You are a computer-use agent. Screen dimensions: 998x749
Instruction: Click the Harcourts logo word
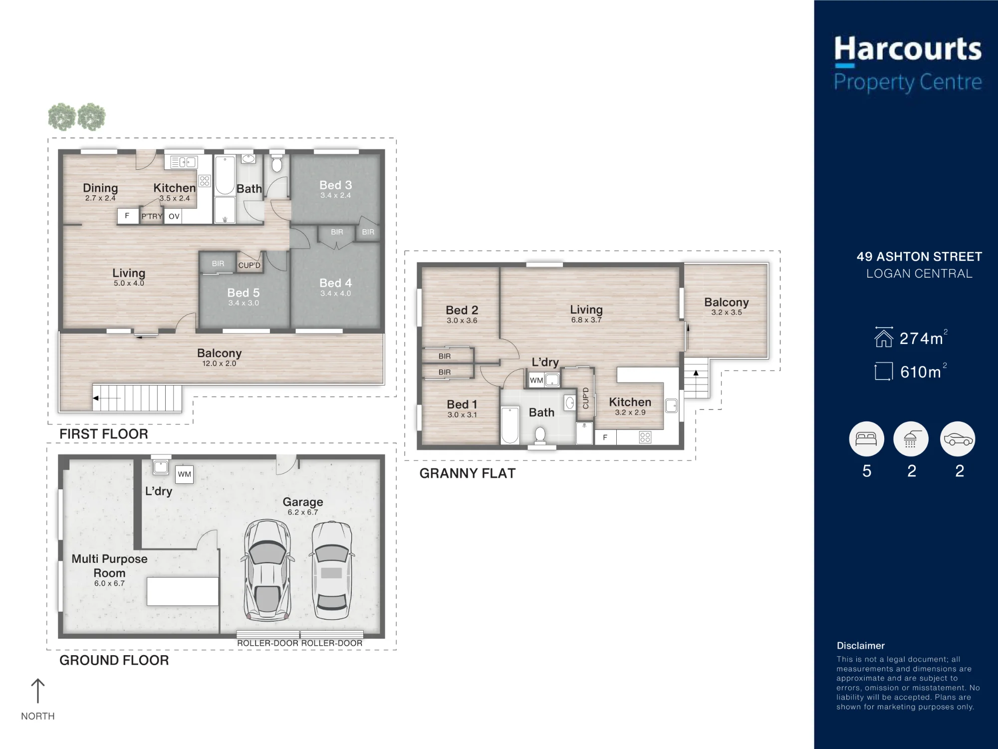click(908, 50)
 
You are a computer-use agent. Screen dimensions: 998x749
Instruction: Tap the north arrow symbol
click(38, 691)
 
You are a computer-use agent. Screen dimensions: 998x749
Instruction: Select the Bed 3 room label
click(336, 185)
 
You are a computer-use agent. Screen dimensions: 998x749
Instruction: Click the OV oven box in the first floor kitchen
click(174, 216)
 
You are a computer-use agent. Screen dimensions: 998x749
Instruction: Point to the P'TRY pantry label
click(152, 216)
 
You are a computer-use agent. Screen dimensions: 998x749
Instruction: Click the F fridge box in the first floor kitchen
click(128, 216)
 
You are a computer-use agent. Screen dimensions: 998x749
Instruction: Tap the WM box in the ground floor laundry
click(185, 474)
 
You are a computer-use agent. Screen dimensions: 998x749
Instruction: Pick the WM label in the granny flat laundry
click(536, 380)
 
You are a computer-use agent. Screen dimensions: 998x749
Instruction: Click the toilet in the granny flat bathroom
click(540, 434)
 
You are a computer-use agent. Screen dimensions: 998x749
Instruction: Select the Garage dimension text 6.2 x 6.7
click(303, 512)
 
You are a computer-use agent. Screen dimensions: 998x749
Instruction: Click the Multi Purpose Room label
click(109, 566)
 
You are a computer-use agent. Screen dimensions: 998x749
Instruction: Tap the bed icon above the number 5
click(866, 439)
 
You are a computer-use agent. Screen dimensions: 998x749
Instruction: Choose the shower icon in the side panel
click(911, 439)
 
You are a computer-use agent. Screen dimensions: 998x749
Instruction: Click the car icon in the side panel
click(958, 439)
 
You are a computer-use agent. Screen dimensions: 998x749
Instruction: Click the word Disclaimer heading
click(861, 646)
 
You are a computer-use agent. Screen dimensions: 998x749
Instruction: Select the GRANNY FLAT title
click(468, 473)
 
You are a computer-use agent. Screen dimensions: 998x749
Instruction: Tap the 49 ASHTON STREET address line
click(919, 257)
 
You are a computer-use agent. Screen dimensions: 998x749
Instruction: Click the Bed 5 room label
click(244, 293)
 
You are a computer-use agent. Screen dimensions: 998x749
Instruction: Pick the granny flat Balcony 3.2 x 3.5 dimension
click(727, 313)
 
